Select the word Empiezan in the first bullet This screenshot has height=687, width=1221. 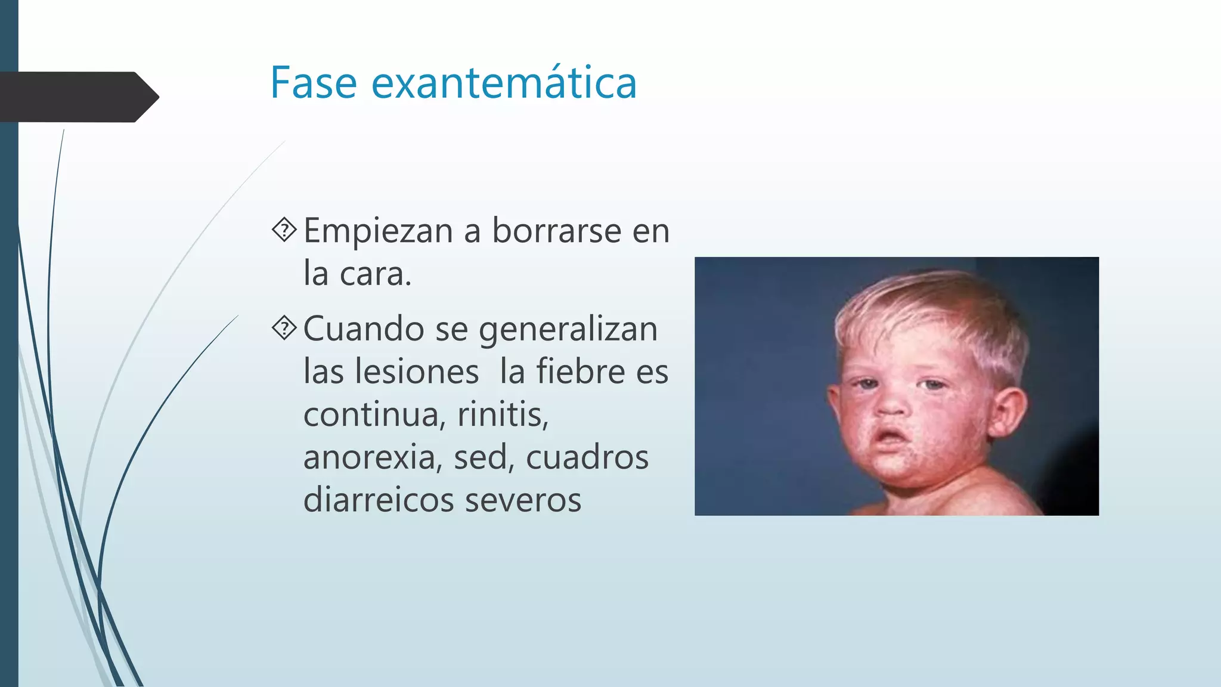378,231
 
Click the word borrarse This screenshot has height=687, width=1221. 556,231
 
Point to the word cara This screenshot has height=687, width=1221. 375,274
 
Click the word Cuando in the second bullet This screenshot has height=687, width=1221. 364,329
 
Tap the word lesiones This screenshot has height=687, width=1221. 417,372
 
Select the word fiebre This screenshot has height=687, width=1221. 581,372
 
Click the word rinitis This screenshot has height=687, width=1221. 503,414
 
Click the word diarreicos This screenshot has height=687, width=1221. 379,500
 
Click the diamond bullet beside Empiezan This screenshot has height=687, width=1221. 284,230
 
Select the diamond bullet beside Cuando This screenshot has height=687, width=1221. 284,327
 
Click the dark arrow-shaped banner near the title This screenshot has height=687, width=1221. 78,97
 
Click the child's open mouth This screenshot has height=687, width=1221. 890,437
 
